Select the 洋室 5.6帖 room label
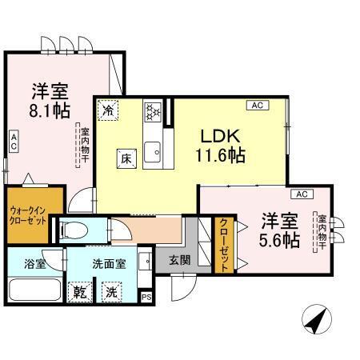point(278,229)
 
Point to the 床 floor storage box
point(126,158)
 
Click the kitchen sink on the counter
point(154,150)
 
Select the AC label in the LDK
point(257,105)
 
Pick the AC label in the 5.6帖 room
point(301,194)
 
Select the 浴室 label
point(34,262)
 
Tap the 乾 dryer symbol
point(80,291)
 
